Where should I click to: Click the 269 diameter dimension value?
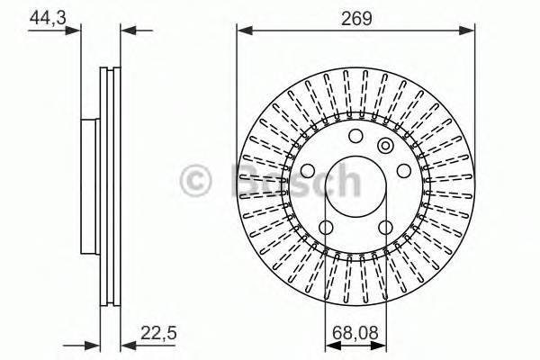click(x=355, y=15)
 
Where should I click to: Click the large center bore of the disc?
click(x=355, y=189)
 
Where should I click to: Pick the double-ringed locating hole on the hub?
click(x=386, y=147)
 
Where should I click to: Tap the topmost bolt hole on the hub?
click(x=355, y=137)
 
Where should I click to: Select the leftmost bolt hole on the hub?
click(x=306, y=171)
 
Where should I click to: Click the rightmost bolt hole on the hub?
click(x=405, y=171)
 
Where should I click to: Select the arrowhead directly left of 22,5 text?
click(x=126, y=344)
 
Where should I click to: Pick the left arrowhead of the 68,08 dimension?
click(x=329, y=344)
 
